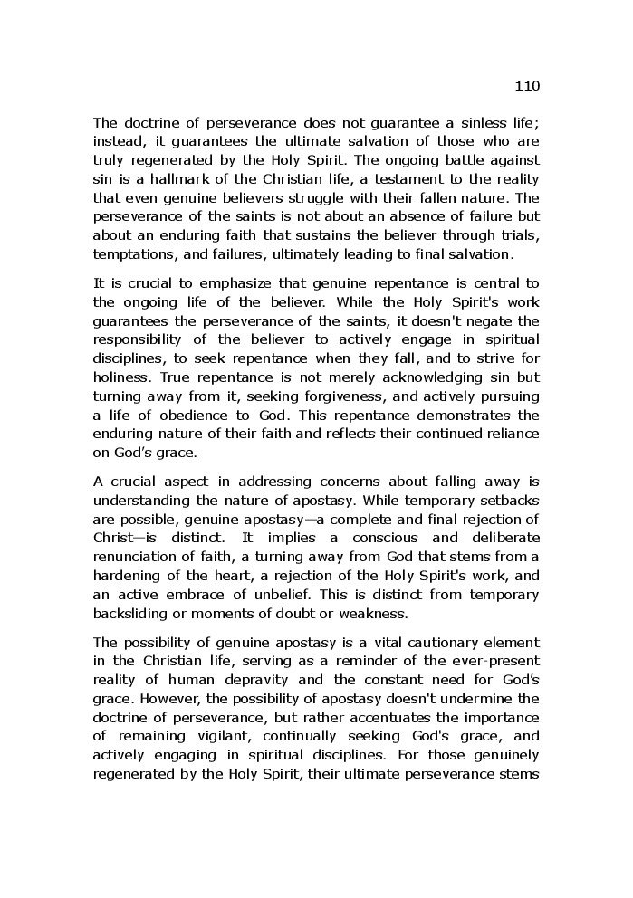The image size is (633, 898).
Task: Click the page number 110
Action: (x=526, y=87)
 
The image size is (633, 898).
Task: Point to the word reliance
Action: (x=510, y=434)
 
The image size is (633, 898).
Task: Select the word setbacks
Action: (x=511, y=499)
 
